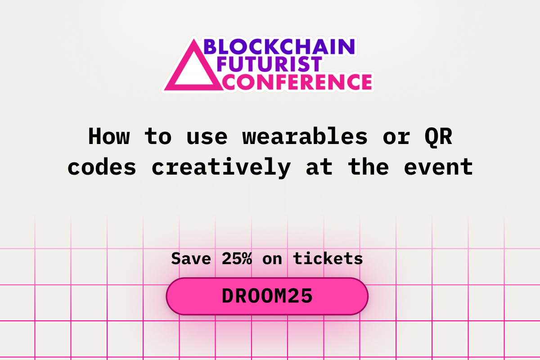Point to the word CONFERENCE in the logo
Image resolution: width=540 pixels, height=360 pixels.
tap(297, 82)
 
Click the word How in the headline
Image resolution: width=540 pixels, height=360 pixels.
tap(108, 136)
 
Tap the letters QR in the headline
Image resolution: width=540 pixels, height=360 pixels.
tap(438, 136)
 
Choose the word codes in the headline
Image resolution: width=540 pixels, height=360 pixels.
tap(102, 167)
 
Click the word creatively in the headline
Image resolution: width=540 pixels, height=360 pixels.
tap(221, 167)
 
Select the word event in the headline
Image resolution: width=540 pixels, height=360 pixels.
tap(438, 167)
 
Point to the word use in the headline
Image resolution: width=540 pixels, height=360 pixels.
tap(207, 136)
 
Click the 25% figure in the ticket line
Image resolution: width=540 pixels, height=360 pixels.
tap(237, 259)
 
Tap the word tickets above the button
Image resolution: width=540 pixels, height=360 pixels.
tap(328, 259)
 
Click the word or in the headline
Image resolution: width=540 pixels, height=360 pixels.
tap(396, 136)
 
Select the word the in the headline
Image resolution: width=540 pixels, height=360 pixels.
tap(369, 167)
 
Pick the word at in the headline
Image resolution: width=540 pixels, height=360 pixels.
tap(319, 167)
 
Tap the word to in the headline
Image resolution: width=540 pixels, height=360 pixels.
tap(158, 136)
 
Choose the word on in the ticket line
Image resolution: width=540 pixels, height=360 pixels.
tap(272, 259)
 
